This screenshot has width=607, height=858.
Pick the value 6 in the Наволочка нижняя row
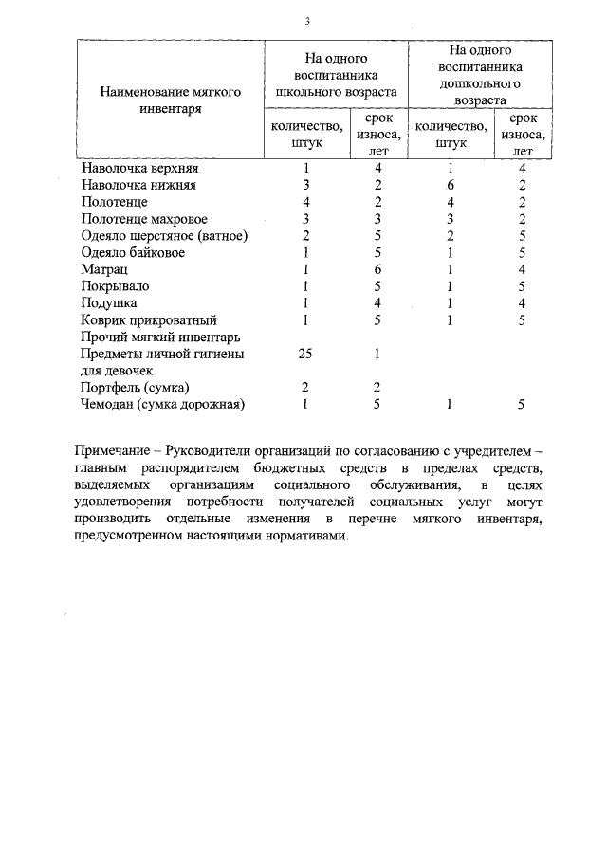point(451,185)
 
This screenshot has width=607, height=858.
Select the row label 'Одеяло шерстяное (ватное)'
point(165,236)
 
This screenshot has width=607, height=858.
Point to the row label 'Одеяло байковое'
point(133,253)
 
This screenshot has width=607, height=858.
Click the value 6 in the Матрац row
point(377,270)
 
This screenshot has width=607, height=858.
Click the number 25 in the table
point(306,354)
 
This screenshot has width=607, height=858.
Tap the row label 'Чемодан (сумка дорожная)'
point(163,405)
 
